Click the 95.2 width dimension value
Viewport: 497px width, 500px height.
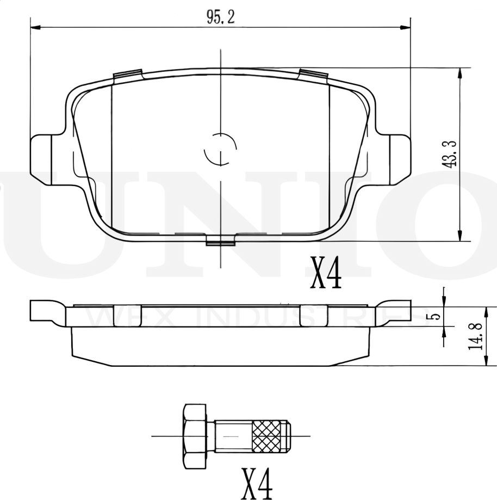220,17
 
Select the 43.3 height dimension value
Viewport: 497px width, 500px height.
450,155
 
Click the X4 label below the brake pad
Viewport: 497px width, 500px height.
326,274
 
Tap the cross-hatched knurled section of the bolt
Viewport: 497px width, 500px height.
269,436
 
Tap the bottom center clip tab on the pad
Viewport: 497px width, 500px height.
220,240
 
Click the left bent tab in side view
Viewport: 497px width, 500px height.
46,312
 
